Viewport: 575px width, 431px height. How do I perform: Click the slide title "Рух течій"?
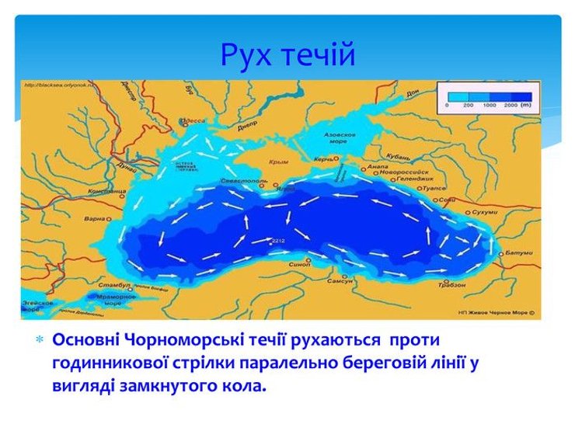[287, 55]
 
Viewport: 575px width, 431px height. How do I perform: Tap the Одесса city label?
[195, 122]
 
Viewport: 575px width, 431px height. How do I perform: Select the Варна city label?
[93, 218]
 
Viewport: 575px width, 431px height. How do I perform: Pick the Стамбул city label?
[113, 287]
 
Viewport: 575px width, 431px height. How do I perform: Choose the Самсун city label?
[340, 280]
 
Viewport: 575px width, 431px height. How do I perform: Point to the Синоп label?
[299, 264]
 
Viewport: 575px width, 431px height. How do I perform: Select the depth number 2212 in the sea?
[279, 242]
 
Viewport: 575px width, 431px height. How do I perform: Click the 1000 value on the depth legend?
[488, 103]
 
